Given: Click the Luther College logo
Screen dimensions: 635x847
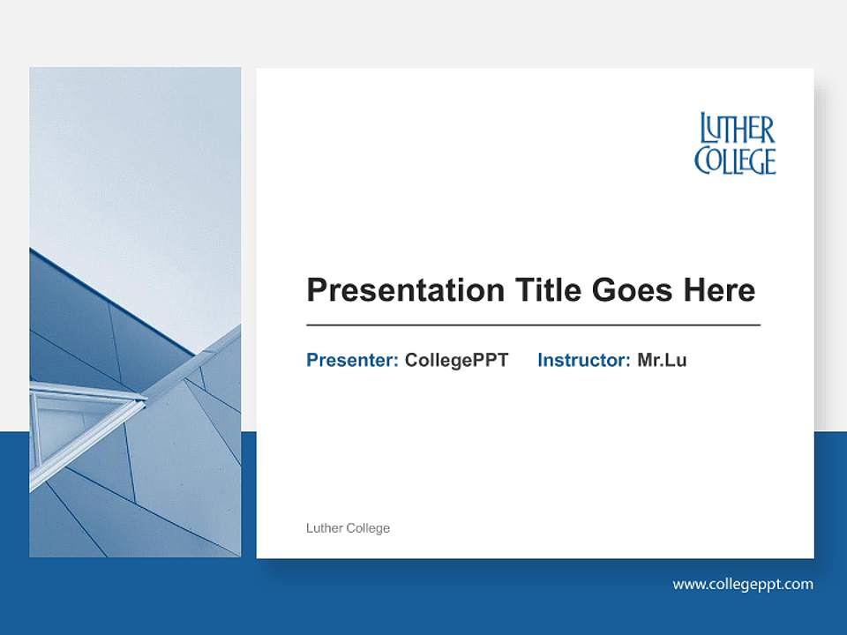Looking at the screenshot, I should [x=735, y=144].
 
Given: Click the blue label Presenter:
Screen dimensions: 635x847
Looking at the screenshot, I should [x=352, y=360].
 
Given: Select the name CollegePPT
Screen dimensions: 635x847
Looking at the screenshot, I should [x=456, y=360].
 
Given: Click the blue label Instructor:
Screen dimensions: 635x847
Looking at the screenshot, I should [x=583, y=360].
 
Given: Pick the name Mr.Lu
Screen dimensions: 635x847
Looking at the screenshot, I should [x=662, y=360].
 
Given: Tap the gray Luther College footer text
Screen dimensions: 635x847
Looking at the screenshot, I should [x=348, y=528].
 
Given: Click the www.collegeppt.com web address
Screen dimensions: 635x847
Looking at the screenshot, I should [x=743, y=584].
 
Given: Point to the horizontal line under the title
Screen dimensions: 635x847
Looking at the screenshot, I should [x=533, y=325].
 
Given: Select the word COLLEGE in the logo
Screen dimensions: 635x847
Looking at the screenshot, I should [x=735, y=161].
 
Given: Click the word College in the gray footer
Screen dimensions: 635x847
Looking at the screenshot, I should [x=368, y=528].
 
